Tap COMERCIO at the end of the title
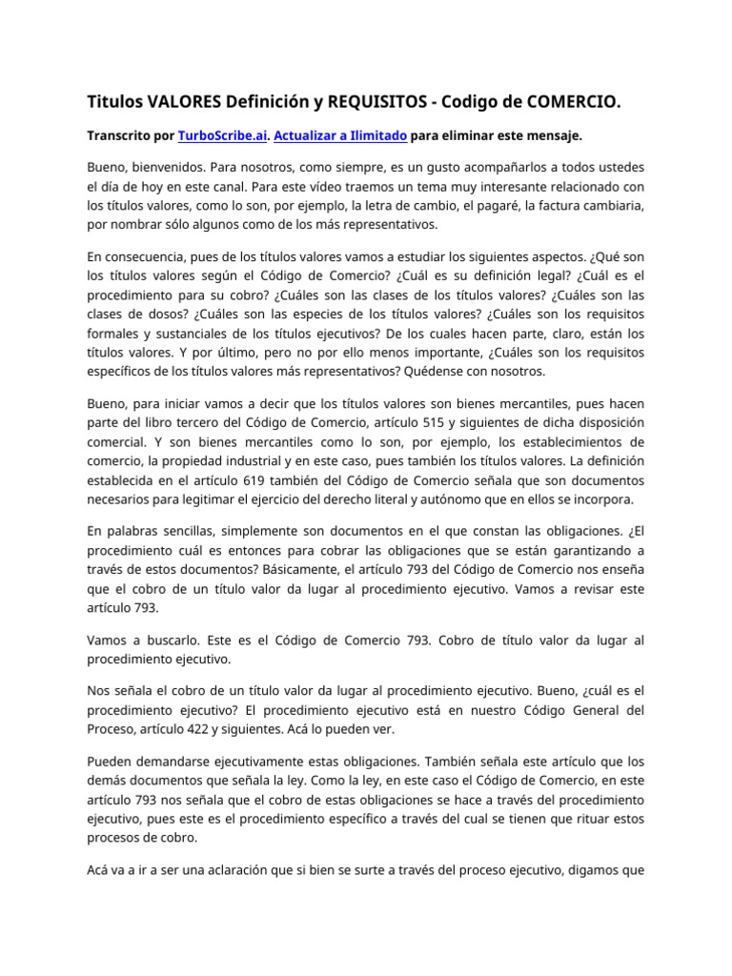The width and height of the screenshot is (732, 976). pos(572,101)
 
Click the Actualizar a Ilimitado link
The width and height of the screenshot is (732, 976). pos(340,136)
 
